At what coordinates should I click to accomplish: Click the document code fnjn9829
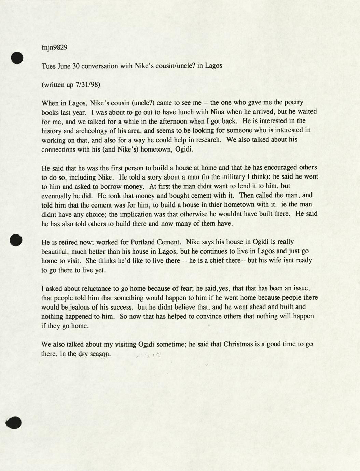(x=54, y=47)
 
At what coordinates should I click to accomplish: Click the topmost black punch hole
(x=17, y=58)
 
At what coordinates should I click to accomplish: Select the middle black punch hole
(x=16, y=240)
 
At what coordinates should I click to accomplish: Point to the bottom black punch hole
(x=14, y=423)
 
